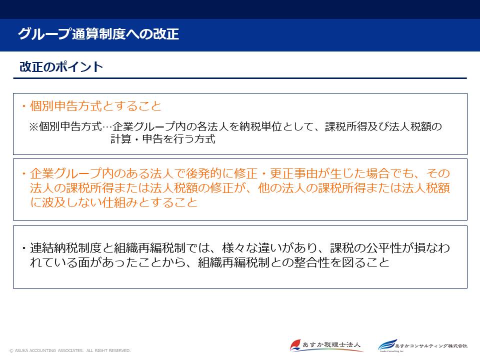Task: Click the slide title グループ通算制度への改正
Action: click(98, 34)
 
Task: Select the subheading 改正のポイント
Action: click(61, 67)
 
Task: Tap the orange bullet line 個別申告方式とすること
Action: click(95, 106)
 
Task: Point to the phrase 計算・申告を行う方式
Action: click(163, 139)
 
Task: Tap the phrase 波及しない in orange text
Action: click(69, 202)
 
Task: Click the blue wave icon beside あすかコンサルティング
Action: click(386, 345)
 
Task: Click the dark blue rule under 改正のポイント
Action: click(240, 78)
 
